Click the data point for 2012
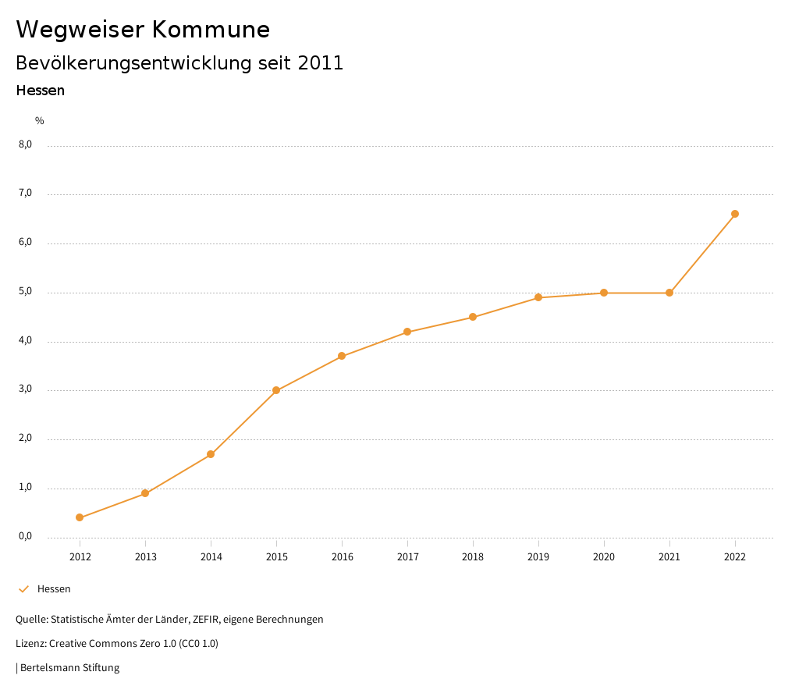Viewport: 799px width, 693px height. (x=80, y=517)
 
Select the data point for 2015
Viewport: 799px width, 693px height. (x=276, y=390)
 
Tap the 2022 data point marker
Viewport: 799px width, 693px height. (x=735, y=214)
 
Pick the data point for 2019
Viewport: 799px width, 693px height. (x=538, y=297)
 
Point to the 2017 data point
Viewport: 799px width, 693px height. (x=407, y=332)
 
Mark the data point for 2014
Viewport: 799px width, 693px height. (x=211, y=454)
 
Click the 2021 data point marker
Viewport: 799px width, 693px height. (x=669, y=293)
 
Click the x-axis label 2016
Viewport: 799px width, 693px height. (x=342, y=556)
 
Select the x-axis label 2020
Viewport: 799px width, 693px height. (x=604, y=556)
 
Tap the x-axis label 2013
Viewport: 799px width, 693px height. (x=145, y=556)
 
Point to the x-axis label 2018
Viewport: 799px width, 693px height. (x=473, y=556)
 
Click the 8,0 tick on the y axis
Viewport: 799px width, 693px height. (x=26, y=144)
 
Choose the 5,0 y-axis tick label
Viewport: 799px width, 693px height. (x=26, y=292)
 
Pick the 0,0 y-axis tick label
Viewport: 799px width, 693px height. (x=26, y=536)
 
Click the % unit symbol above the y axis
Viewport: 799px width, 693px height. (x=40, y=121)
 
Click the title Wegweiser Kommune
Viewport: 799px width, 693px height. (x=143, y=30)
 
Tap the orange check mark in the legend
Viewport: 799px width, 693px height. (x=23, y=589)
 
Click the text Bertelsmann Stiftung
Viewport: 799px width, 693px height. (x=69, y=668)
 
